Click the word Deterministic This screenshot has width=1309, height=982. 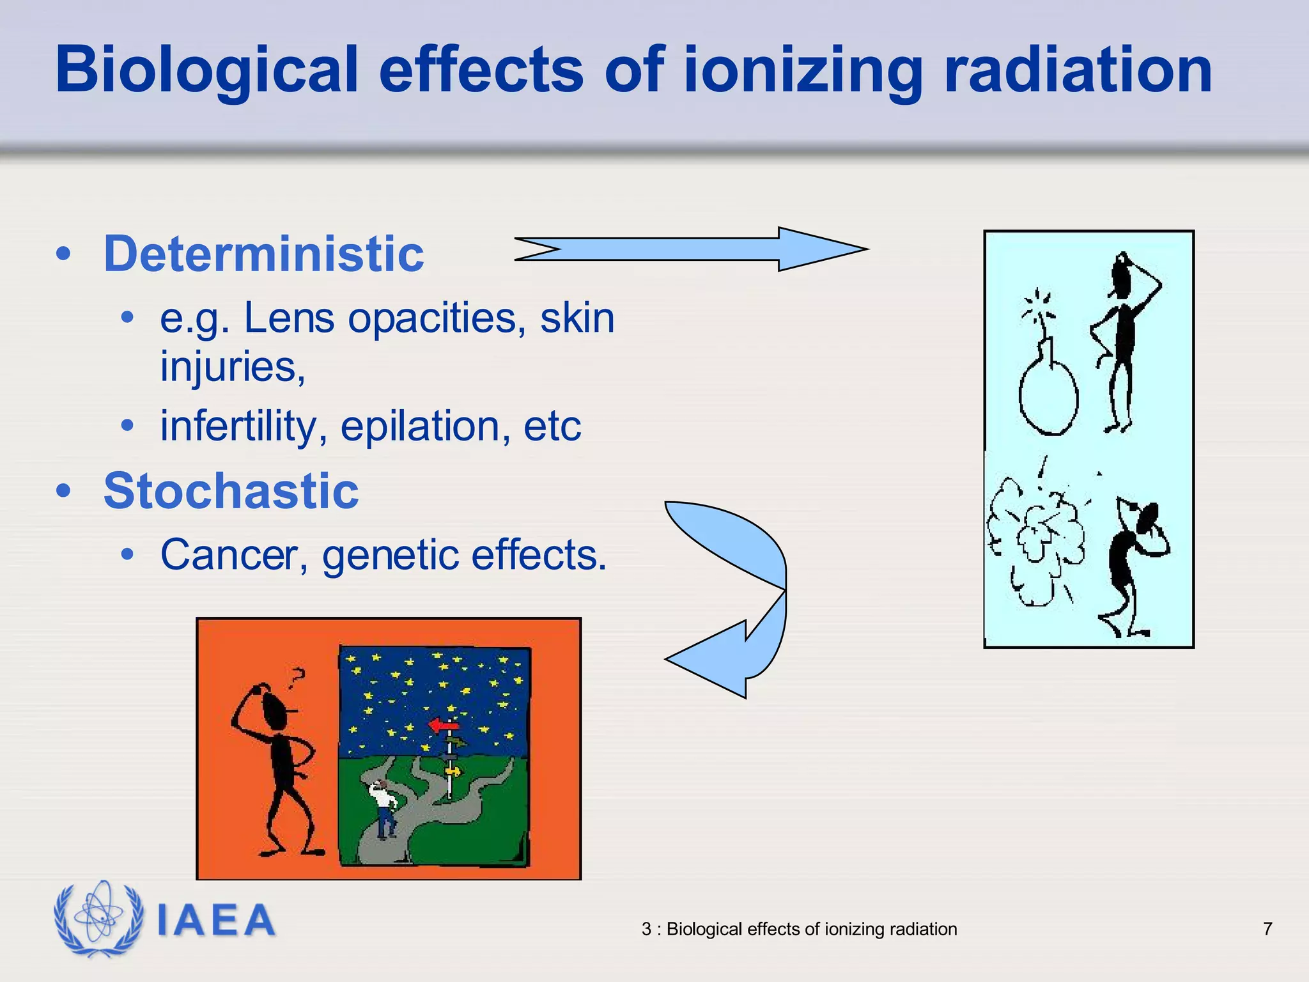coord(263,254)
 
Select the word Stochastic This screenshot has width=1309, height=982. coord(231,491)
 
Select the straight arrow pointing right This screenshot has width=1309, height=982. coord(690,249)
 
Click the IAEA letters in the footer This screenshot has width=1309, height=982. coord(216,921)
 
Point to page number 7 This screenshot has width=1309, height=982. coord(1267,929)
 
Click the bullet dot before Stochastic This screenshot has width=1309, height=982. coord(63,491)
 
